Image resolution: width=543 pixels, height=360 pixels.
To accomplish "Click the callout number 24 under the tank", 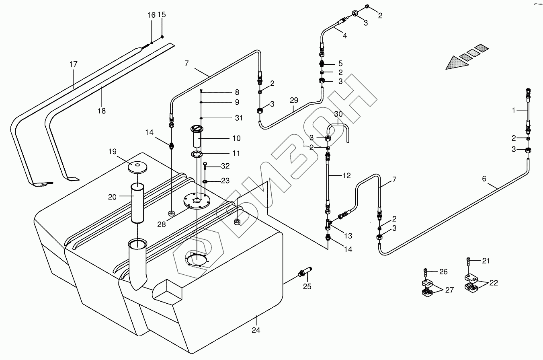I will [x=256, y=330].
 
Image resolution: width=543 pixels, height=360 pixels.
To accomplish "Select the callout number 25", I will [x=307, y=287].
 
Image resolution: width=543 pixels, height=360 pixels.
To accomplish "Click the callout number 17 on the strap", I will [x=73, y=64].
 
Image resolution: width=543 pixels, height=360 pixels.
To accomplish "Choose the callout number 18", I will [x=102, y=111].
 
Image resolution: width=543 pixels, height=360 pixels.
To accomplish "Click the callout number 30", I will [x=338, y=114].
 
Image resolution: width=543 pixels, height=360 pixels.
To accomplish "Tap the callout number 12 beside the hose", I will [x=346, y=175].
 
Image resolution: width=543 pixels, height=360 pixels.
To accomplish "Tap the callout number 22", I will [x=494, y=283].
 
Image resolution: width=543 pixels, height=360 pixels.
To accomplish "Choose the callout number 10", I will [x=236, y=138].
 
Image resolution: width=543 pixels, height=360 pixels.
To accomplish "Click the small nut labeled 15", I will [x=162, y=37].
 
